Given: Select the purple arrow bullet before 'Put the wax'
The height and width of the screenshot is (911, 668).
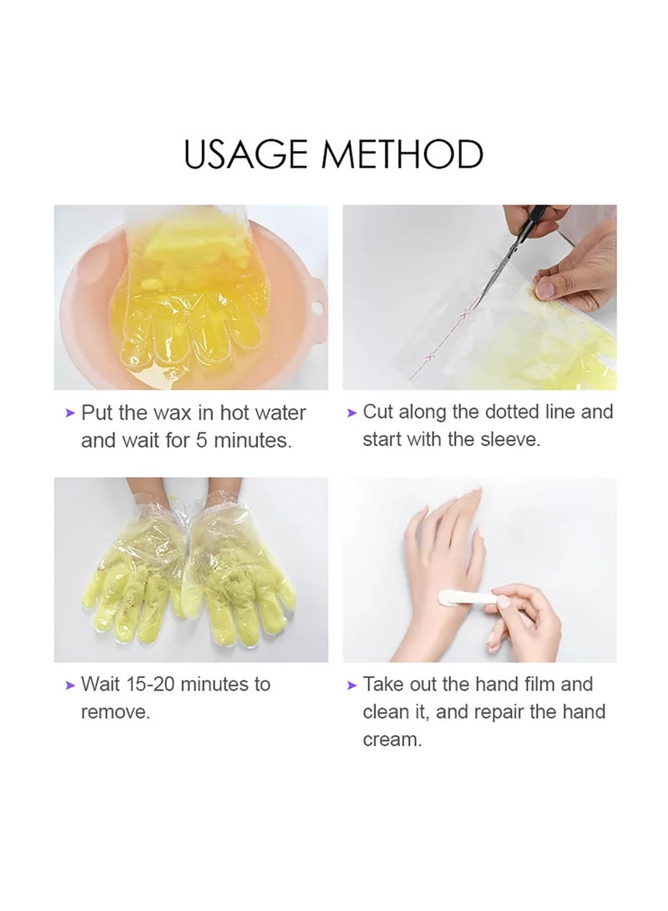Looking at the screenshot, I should [70, 413].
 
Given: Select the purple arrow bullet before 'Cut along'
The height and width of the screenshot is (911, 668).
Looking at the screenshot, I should [352, 412].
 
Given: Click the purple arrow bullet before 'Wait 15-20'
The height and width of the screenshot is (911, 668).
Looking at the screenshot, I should [70, 685].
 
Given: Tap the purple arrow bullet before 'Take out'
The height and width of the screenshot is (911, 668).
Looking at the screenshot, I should [352, 685].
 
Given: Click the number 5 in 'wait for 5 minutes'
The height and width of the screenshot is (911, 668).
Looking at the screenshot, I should [201, 441].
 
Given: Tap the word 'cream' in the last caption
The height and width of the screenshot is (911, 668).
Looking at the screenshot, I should [389, 740].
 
